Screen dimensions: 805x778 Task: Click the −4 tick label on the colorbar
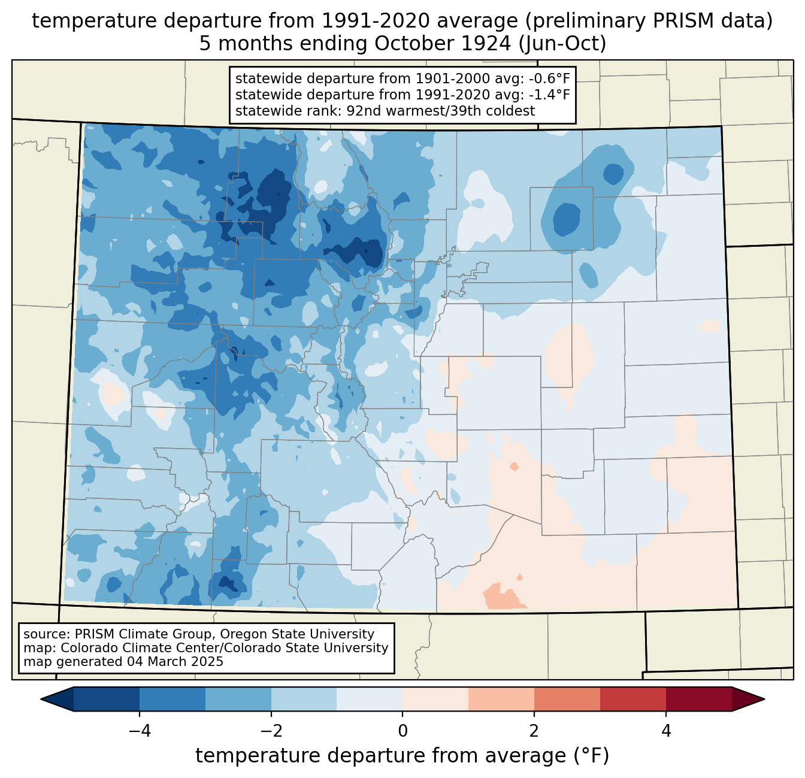[x=140, y=731]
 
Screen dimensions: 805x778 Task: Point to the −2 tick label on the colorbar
[x=271, y=731]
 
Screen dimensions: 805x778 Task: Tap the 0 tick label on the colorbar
[x=402, y=731]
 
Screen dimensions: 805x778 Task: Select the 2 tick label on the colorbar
[x=534, y=731]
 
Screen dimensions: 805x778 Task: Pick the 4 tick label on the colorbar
[x=666, y=731]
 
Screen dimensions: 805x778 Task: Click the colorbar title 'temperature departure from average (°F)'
[x=402, y=756]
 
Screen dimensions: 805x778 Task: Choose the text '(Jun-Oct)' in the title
[x=562, y=44]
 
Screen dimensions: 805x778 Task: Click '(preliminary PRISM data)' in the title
[x=649, y=21]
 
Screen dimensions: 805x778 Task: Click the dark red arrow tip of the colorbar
[x=764, y=699]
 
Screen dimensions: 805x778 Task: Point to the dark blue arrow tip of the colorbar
[x=42, y=699]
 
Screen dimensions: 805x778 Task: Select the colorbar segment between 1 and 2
[x=501, y=699]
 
